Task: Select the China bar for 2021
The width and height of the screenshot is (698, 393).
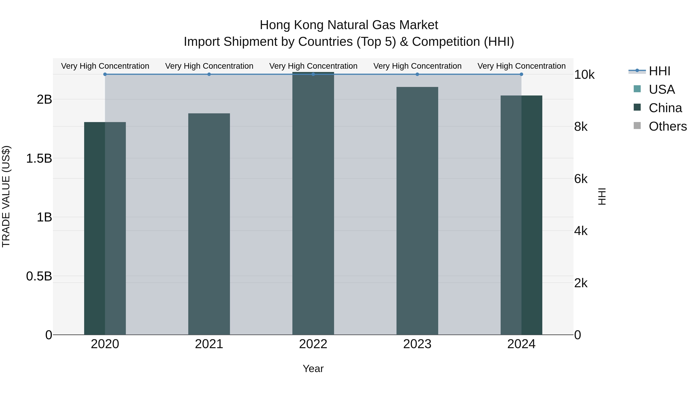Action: click(x=209, y=224)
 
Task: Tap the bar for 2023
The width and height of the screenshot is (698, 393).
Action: click(x=417, y=211)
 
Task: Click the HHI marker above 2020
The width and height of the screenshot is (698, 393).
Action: click(x=105, y=74)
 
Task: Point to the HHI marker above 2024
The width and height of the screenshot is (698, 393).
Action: click(x=521, y=74)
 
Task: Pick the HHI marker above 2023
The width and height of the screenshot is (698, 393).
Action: click(x=417, y=74)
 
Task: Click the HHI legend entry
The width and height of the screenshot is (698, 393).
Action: click(x=659, y=71)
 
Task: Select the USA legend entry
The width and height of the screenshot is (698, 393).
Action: click(x=661, y=89)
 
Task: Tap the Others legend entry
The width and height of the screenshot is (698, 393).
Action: click(x=667, y=126)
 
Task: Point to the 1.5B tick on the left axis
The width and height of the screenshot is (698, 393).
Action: click(x=39, y=158)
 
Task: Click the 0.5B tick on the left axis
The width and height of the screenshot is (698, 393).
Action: click(x=39, y=276)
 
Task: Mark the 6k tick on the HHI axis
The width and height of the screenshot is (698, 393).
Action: click(x=581, y=179)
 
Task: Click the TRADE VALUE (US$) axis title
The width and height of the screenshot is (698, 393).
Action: click(x=6, y=196)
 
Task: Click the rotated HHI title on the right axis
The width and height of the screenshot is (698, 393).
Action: click(x=602, y=196)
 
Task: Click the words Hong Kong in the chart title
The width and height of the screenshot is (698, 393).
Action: click(x=292, y=25)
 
